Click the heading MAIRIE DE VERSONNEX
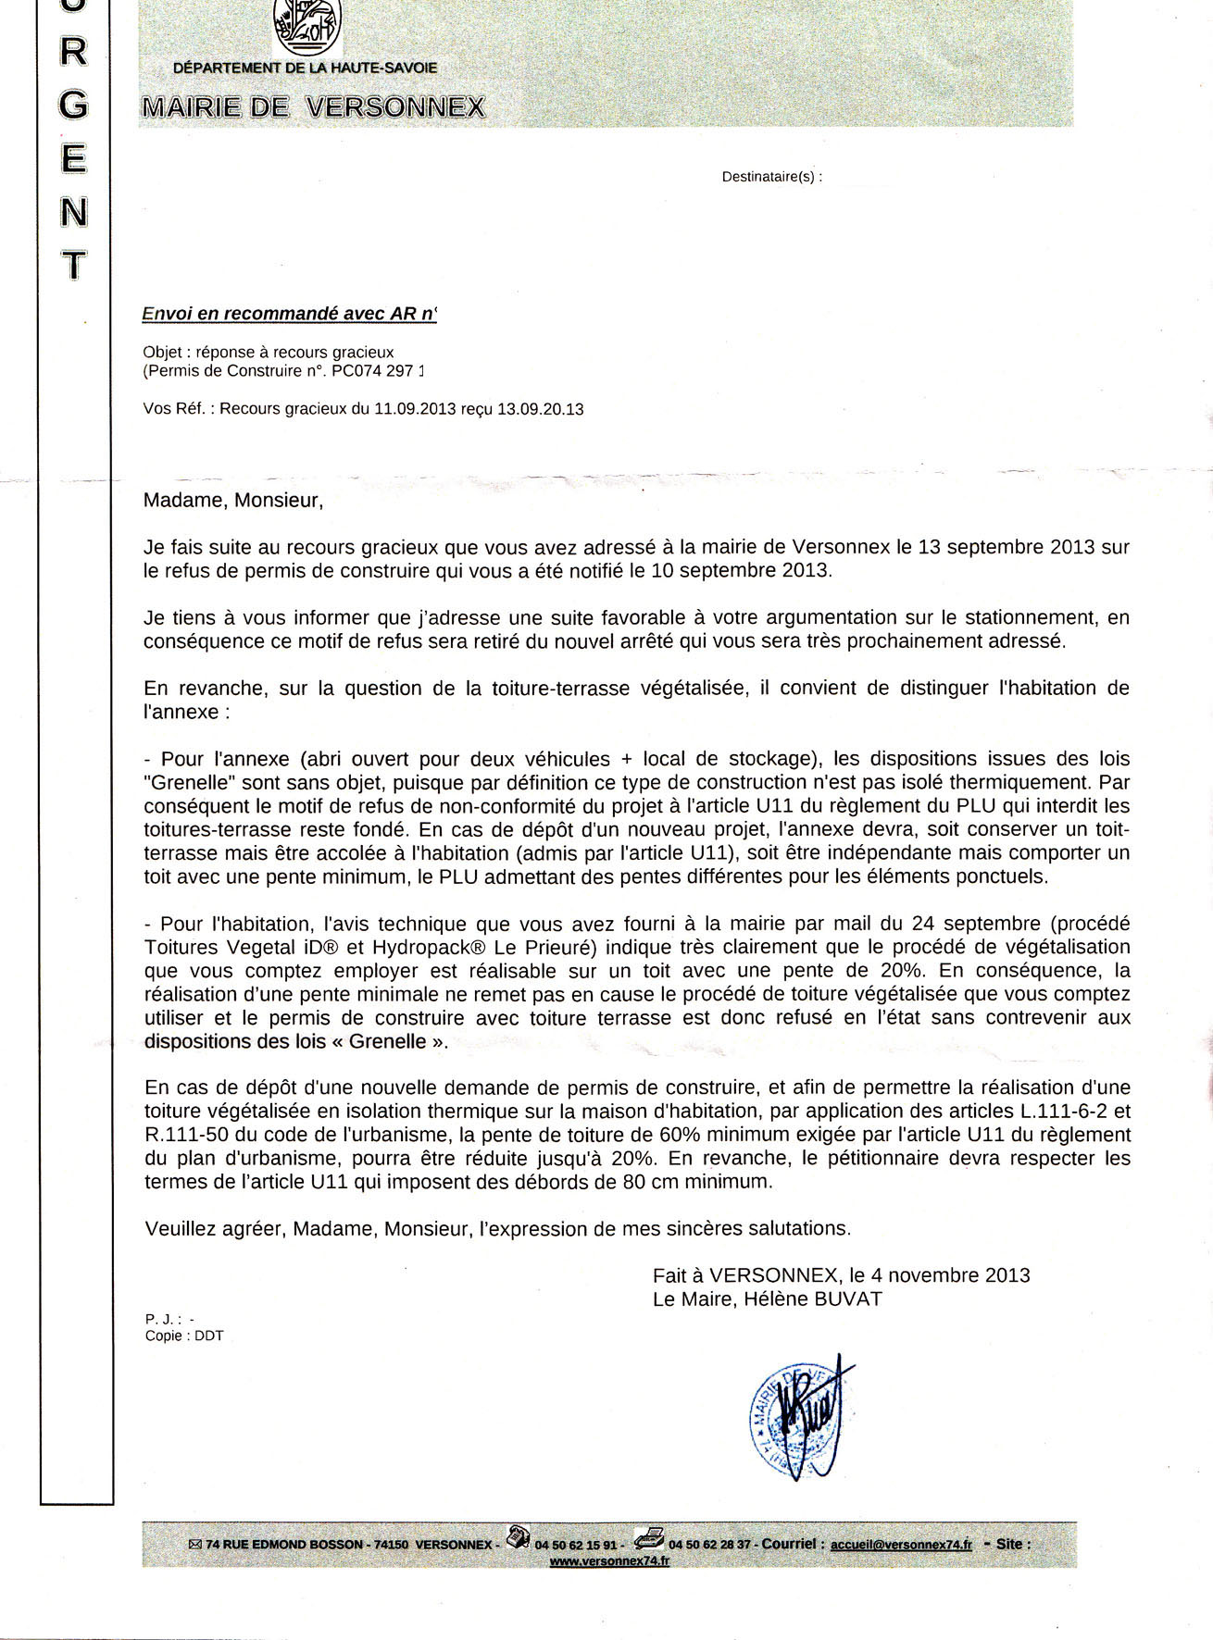click(313, 108)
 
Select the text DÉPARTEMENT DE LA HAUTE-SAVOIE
click(305, 68)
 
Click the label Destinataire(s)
click(771, 176)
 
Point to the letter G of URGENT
click(73, 106)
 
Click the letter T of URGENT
click(74, 267)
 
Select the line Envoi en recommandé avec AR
click(288, 314)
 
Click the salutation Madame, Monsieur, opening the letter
click(233, 501)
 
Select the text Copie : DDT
click(184, 1336)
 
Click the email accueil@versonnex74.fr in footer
click(901, 1544)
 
